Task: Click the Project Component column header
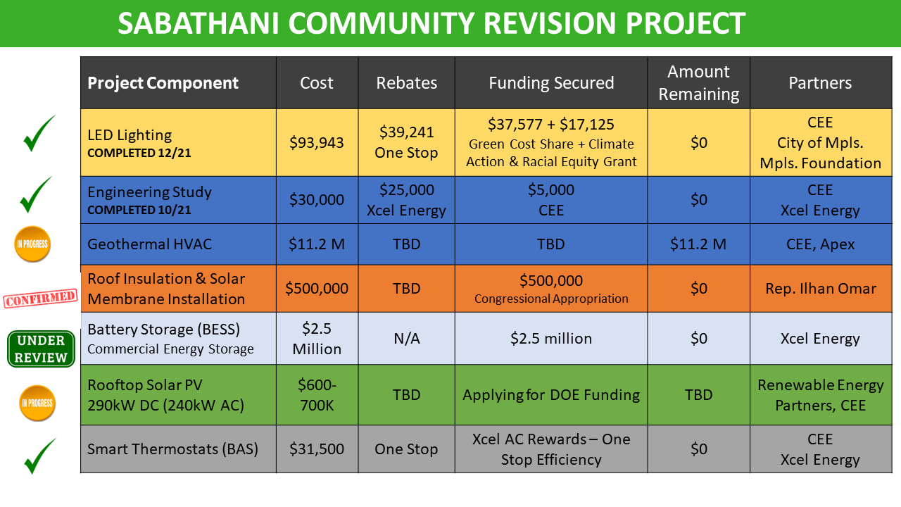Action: [x=163, y=83]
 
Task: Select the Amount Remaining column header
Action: [x=698, y=83]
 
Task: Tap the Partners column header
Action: [x=820, y=83]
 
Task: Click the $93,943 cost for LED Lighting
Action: [x=317, y=143]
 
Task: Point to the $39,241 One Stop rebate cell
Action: [x=406, y=142]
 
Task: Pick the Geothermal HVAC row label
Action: [x=149, y=244]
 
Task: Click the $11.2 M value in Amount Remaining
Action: [x=698, y=244]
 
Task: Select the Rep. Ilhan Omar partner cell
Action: [x=820, y=289]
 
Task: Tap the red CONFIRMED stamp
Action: [x=40, y=299]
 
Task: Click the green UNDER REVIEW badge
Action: [x=41, y=349]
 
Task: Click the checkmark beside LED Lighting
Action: [x=39, y=134]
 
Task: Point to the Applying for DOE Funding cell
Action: [x=550, y=395]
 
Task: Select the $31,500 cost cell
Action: [x=317, y=449]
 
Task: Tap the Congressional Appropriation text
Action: [x=551, y=299]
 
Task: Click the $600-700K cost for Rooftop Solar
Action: [x=317, y=395]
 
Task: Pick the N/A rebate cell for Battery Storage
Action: [x=406, y=339]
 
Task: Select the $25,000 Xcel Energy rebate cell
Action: [x=406, y=200]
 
